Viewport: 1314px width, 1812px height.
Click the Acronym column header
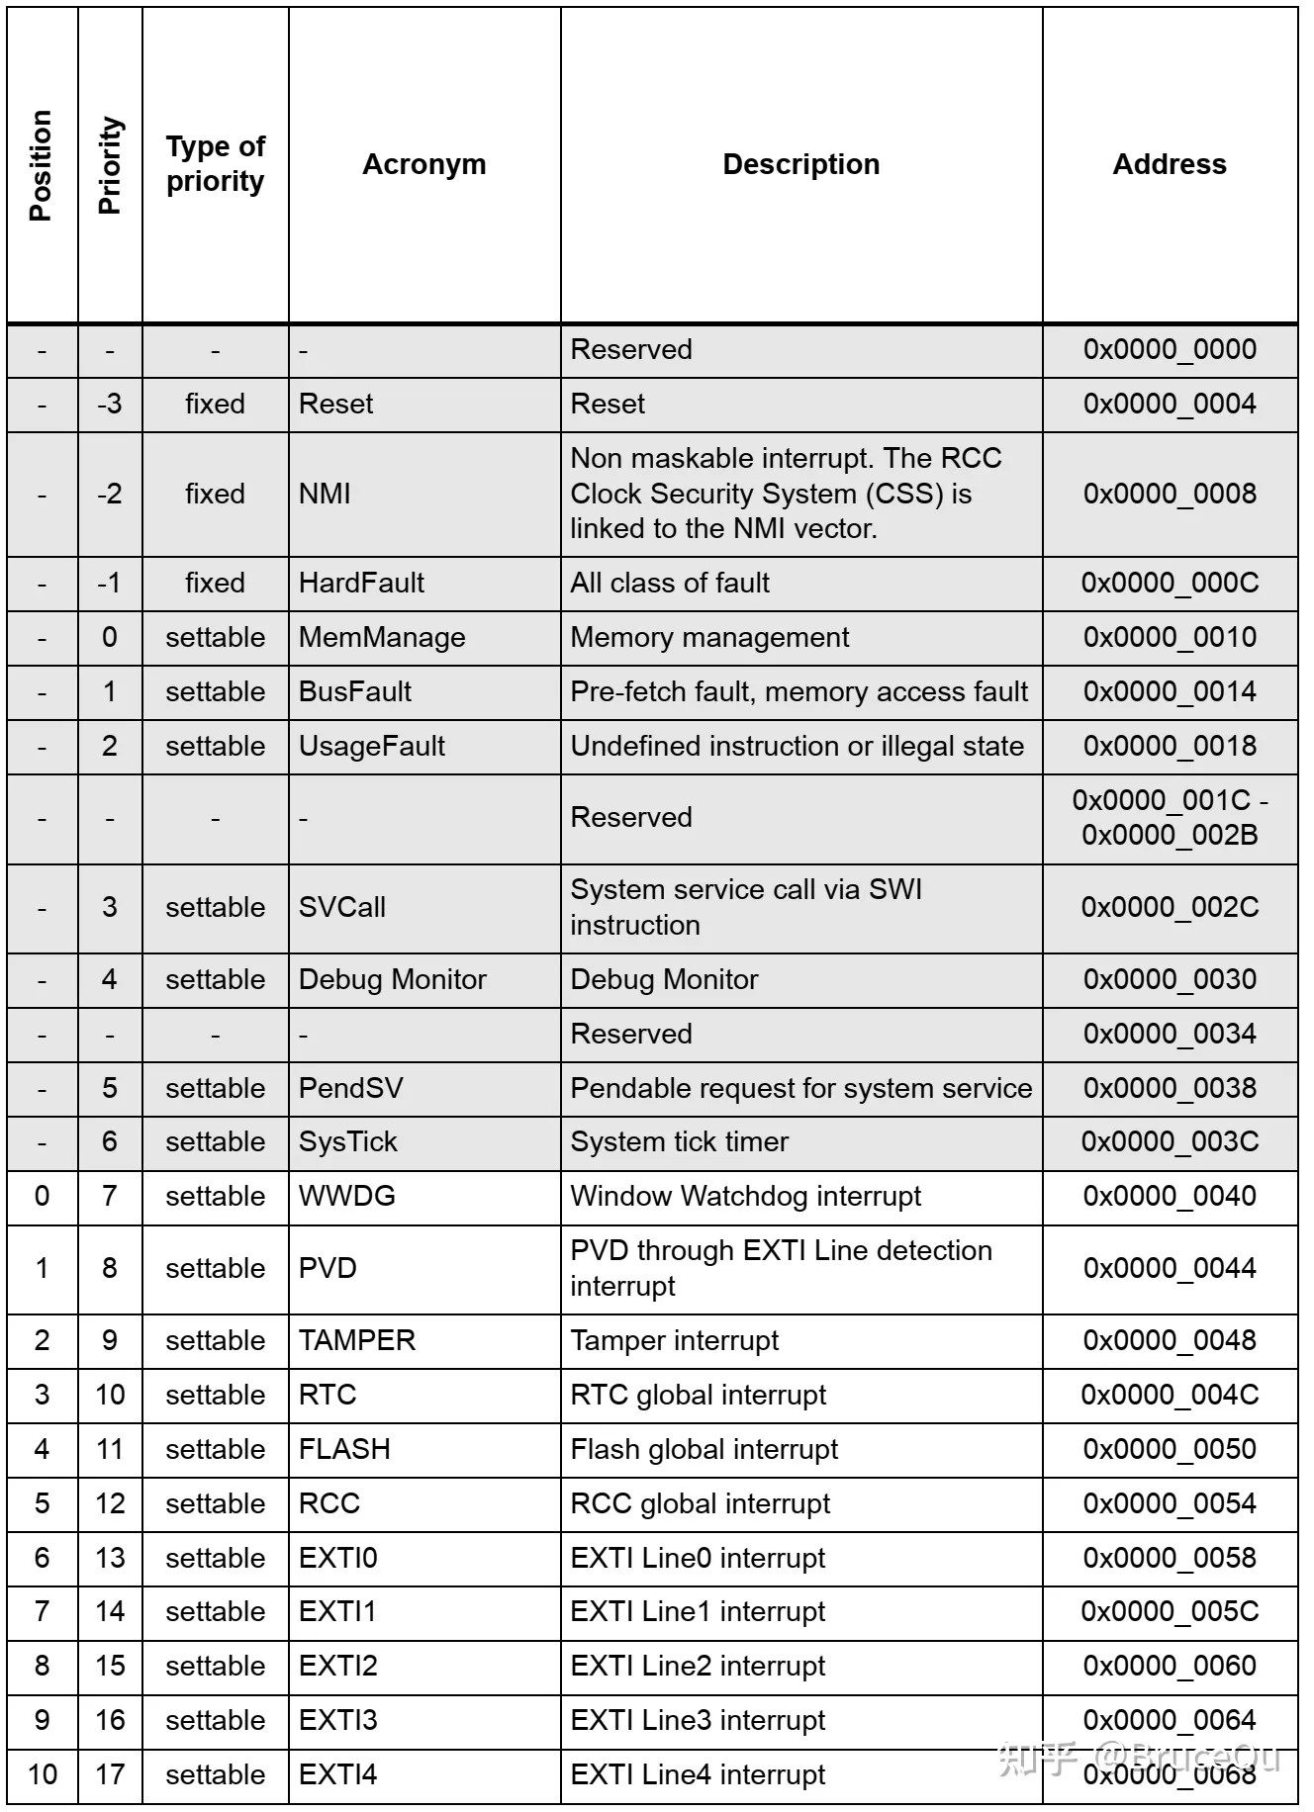point(423,164)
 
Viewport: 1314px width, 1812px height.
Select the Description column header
point(800,164)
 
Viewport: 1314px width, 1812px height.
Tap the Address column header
point(1169,164)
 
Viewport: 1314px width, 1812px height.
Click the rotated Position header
point(42,165)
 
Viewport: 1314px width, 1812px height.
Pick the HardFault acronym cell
point(361,584)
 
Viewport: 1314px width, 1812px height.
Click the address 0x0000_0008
point(1170,494)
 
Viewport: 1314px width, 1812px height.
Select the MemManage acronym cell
point(382,638)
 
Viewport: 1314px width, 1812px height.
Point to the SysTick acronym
point(348,1142)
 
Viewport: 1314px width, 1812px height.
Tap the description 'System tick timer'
point(680,1142)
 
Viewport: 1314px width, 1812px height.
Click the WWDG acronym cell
point(347,1197)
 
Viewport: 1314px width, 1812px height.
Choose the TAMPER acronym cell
point(357,1341)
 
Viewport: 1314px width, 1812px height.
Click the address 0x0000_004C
point(1170,1396)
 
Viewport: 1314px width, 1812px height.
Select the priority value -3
point(110,405)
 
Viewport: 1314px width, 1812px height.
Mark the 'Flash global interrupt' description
point(704,1450)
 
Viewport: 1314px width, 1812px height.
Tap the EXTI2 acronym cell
point(338,1667)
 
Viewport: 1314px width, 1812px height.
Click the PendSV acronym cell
point(351,1089)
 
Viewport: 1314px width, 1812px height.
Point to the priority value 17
point(110,1775)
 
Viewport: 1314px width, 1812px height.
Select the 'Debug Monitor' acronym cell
point(393,980)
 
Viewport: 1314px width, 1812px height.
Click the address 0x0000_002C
point(1170,908)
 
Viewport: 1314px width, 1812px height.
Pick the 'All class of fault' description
point(670,584)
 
